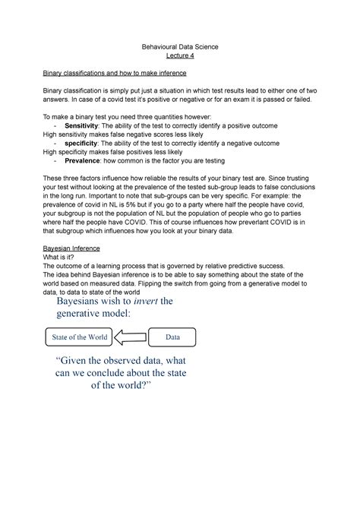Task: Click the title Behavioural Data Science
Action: click(x=180, y=47)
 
